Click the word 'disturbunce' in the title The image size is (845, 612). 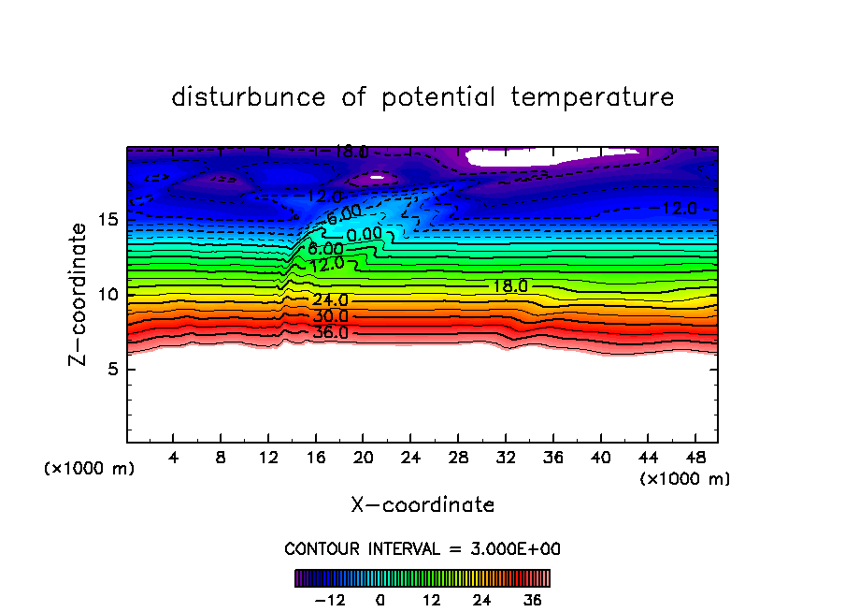(250, 97)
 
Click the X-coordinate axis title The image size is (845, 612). (422, 505)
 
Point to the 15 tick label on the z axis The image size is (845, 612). (107, 220)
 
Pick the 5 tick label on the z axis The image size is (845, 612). (112, 369)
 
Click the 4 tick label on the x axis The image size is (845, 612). (174, 459)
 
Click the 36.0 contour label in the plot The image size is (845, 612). (330, 332)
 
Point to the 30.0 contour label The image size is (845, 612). (330, 317)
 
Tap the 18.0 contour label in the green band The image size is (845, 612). (510, 286)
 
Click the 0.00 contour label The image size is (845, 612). (364, 233)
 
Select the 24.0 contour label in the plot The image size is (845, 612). (330, 300)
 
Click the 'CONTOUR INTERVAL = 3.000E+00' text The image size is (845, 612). (422, 548)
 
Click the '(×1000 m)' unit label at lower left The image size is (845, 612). (90, 469)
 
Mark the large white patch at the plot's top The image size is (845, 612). (551, 156)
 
